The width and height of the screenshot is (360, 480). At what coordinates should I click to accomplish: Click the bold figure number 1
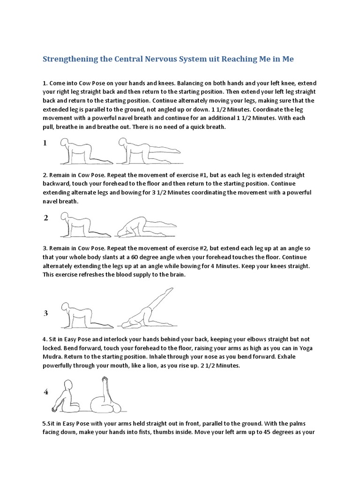(45, 143)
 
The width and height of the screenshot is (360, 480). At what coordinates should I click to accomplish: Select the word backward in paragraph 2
(57, 184)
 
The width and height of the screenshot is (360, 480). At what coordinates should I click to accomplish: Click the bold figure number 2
(45, 218)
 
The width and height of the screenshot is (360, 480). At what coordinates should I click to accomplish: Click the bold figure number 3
(46, 314)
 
